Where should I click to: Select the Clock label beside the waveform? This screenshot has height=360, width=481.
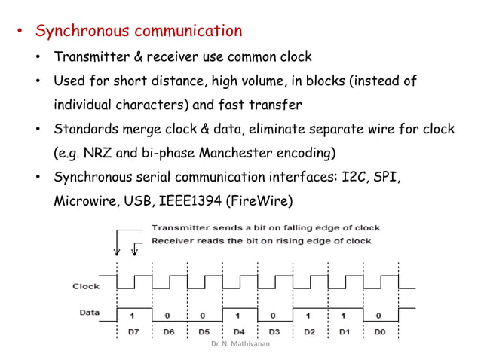[x=86, y=286]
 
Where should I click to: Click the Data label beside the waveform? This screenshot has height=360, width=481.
[x=89, y=312]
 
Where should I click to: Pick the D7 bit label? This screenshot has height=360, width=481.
[x=133, y=331]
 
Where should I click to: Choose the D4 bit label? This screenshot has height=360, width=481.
[x=238, y=331]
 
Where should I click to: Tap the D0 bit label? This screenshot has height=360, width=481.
[x=378, y=331]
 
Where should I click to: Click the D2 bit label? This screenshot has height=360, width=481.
[x=308, y=331]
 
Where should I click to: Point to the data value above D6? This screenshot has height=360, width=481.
[x=168, y=316]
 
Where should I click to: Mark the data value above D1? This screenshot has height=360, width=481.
[x=343, y=316]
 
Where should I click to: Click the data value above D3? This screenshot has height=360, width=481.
[x=273, y=316]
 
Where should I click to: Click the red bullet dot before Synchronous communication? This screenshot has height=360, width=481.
[x=21, y=32]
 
